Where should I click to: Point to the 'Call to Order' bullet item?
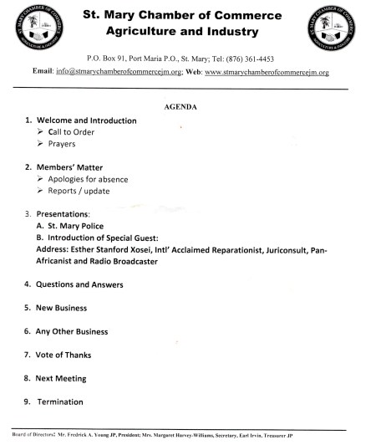tap(72, 132)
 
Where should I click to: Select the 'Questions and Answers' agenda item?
tap(79, 284)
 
